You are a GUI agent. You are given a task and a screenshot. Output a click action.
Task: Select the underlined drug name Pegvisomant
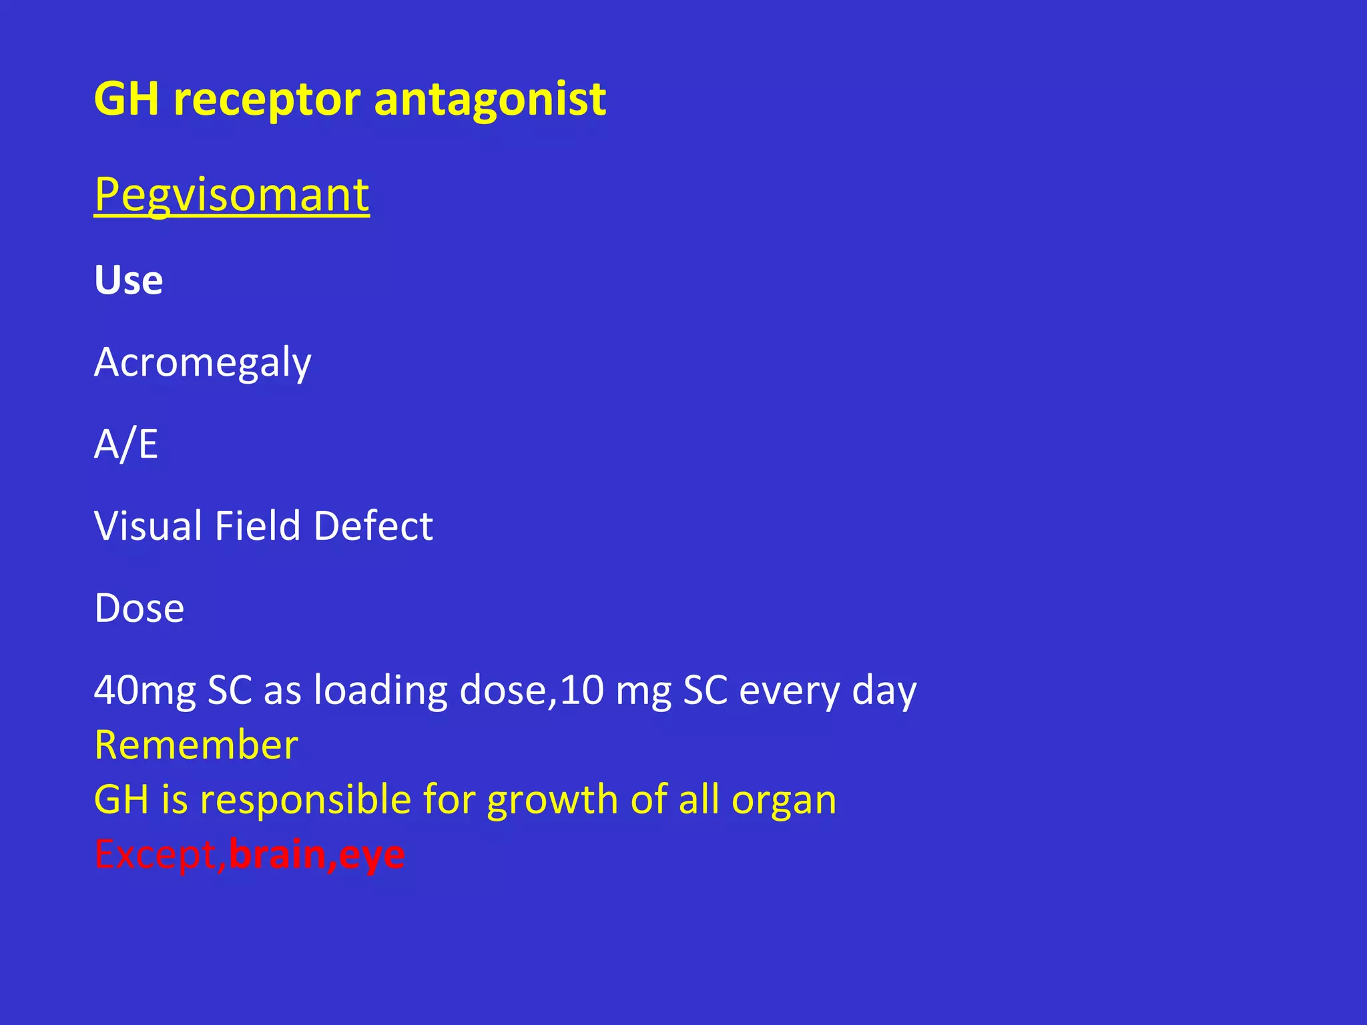click(x=232, y=194)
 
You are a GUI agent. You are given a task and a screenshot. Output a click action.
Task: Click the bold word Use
click(x=129, y=280)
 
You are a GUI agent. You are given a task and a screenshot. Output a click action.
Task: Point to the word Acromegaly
click(x=203, y=363)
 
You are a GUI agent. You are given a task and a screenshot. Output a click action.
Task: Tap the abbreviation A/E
click(x=126, y=444)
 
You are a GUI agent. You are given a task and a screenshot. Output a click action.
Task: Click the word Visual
click(x=148, y=526)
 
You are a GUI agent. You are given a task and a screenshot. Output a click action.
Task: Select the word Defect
click(x=373, y=526)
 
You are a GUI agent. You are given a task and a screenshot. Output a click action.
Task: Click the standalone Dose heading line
click(x=139, y=608)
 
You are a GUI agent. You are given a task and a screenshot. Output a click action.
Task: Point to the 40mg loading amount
click(x=145, y=691)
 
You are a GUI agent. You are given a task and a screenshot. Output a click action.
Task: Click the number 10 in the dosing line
click(x=582, y=691)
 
